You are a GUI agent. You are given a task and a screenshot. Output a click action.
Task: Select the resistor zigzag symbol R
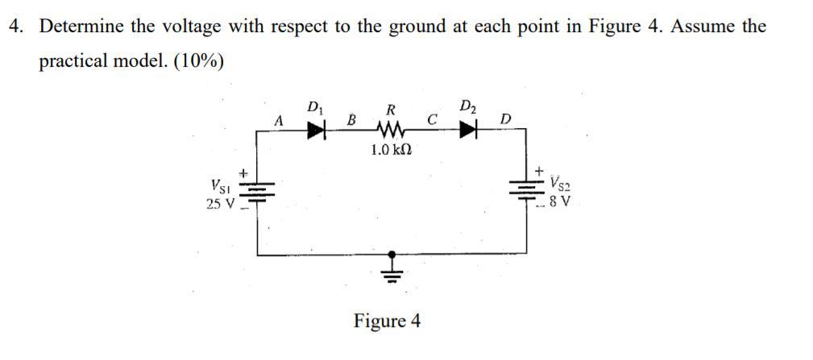pos(391,130)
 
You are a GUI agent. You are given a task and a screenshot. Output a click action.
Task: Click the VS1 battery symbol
pos(258,189)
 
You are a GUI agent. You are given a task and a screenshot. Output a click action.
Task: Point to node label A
pos(279,120)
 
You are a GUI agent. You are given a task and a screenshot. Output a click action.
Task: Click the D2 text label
pos(468,106)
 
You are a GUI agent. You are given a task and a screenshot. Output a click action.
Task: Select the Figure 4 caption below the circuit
pos(388,321)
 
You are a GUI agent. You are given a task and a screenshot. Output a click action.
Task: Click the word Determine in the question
pos(81,27)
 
